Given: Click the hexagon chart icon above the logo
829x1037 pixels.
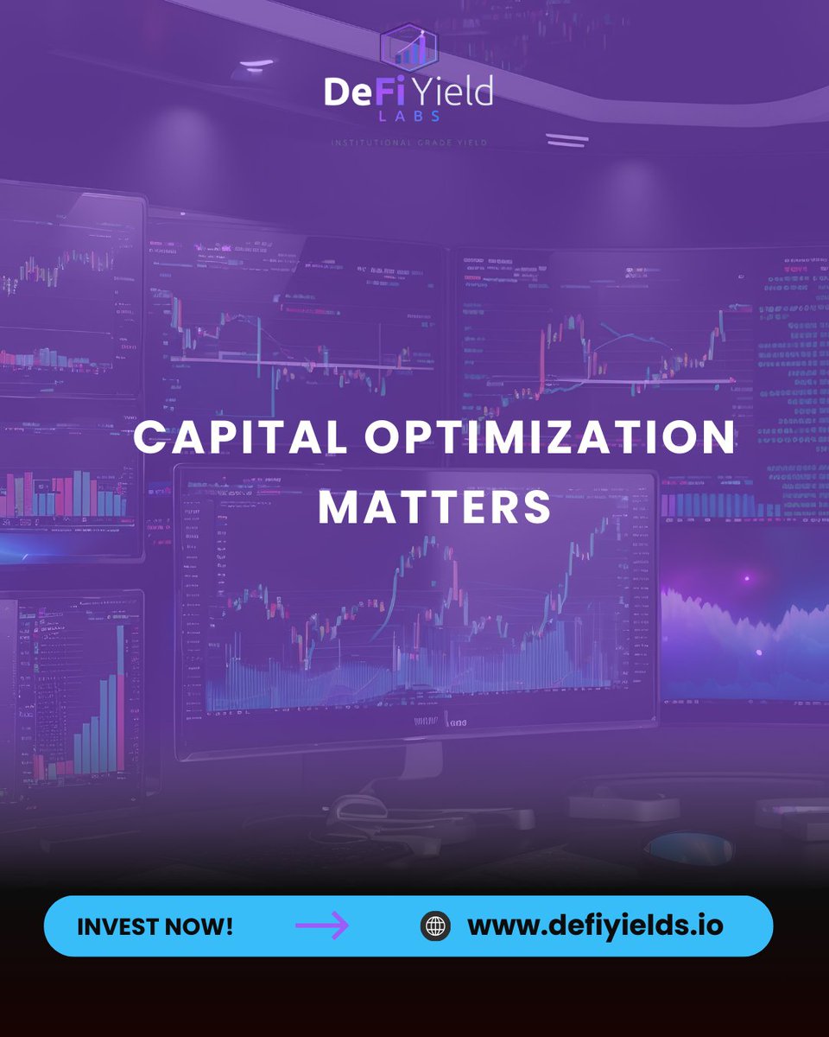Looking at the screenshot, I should (x=408, y=48).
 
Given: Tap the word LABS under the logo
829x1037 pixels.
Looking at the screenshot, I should (x=408, y=118).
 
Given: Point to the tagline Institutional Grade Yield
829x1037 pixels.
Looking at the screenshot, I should (x=408, y=142).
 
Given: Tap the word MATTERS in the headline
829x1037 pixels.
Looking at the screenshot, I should (x=434, y=507).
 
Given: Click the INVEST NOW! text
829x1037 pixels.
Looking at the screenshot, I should (x=155, y=926).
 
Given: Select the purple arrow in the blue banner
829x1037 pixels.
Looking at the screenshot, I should (x=321, y=926).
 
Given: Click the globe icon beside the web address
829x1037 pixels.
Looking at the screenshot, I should (x=436, y=926).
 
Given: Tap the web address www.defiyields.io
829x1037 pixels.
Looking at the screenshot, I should (x=595, y=926).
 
